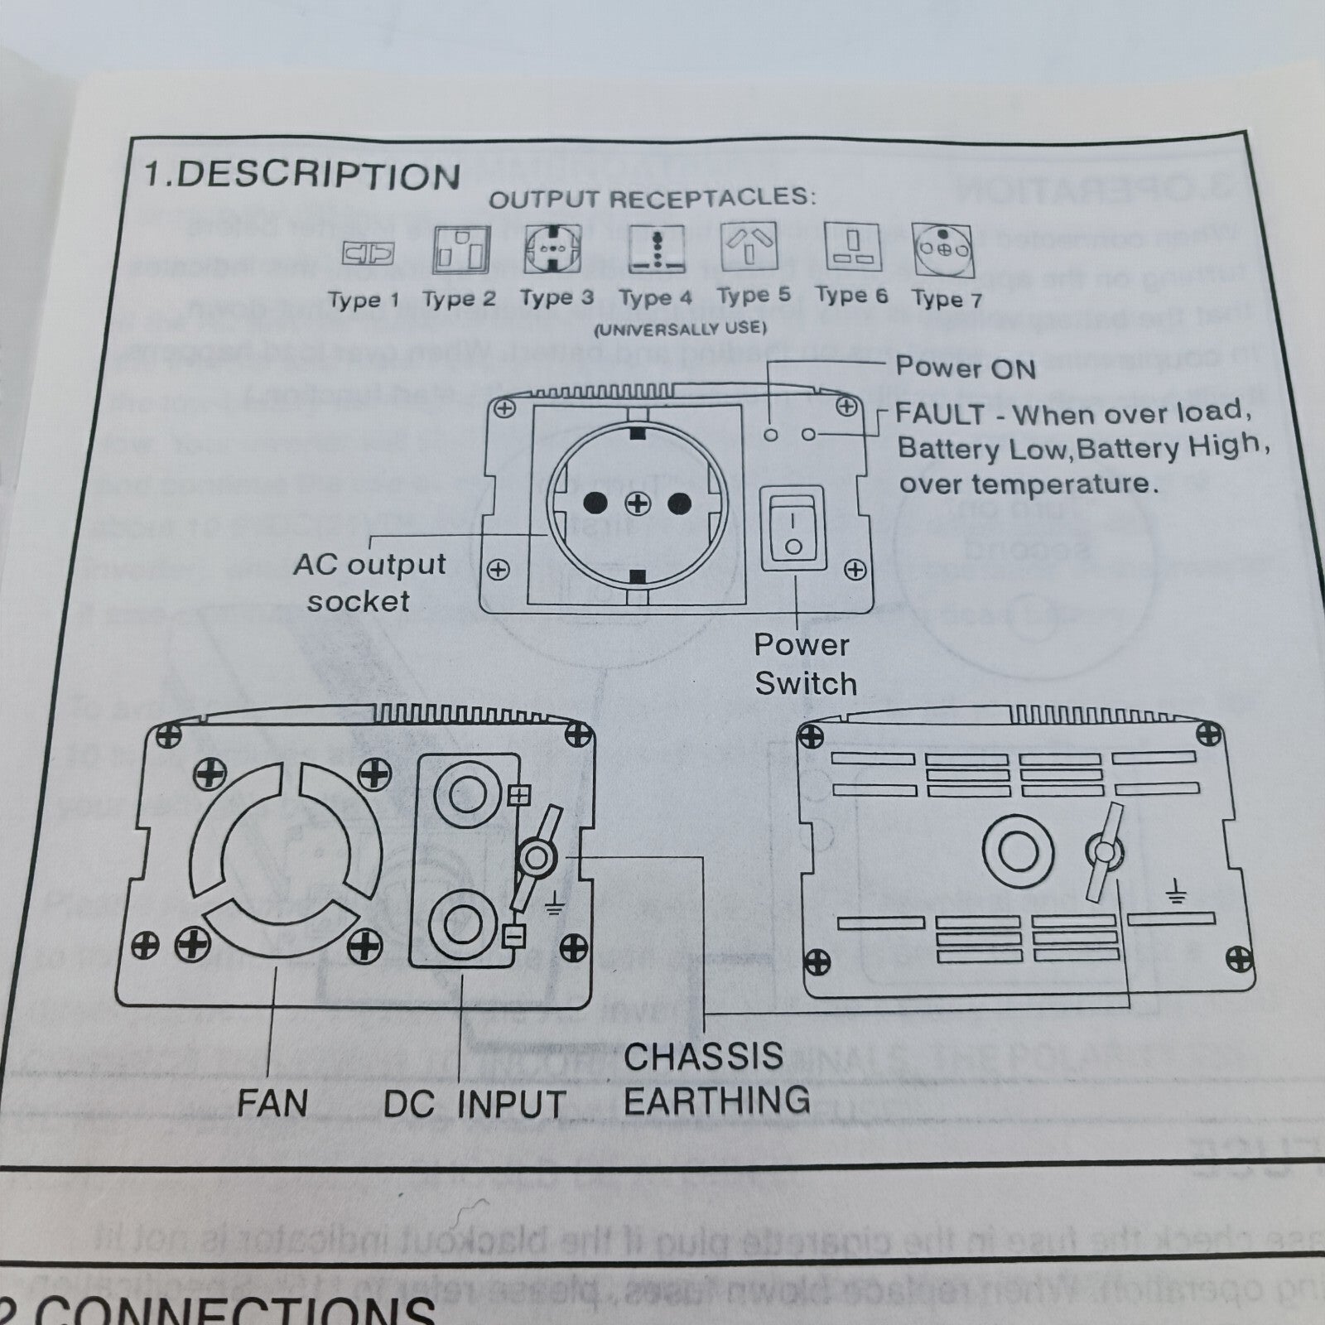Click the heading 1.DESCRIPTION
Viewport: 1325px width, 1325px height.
point(302,176)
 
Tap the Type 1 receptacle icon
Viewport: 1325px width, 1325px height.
point(368,253)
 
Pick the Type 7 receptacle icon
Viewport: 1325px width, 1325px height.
point(942,250)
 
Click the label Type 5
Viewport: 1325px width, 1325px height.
point(754,295)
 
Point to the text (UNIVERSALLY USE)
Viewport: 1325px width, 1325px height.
point(680,328)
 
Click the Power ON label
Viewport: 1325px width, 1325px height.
point(966,367)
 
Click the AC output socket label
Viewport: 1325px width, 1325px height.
point(369,582)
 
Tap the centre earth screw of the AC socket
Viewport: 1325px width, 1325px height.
point(637,503)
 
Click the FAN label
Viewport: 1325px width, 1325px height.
point(272,1103)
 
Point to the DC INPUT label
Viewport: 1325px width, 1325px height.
point(475,1104)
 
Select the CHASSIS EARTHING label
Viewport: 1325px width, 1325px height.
point(716,1079)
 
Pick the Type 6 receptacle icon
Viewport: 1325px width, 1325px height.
point(850,247)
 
